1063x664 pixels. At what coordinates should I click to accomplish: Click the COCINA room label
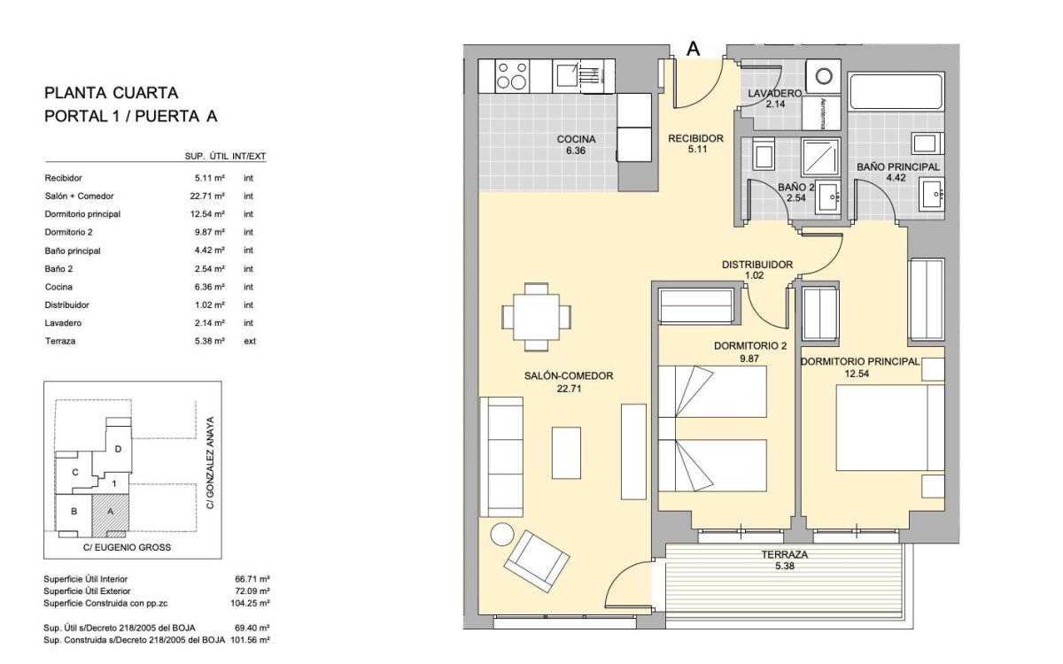pos(576,140)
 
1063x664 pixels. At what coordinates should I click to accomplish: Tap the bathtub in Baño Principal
pos(896,92)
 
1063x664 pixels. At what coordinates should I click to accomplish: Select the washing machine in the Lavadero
pos(823,76)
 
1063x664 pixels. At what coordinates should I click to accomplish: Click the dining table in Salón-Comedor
pos(536,316)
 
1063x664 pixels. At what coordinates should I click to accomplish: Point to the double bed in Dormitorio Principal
pos(889,428)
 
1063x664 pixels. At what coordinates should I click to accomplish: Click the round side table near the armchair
pos(502,535)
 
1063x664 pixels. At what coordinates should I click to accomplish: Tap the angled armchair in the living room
pos(536,561)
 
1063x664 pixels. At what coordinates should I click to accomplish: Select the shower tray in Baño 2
pos(820,157)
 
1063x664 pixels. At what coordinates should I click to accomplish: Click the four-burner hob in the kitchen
pos(512,76)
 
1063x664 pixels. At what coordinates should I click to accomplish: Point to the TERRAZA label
pos(785,554)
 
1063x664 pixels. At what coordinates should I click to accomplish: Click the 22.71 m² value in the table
pos(207,196)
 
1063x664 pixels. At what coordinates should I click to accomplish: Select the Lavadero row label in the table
pos(63,323)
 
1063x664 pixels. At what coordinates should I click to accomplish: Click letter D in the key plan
pos(118,449)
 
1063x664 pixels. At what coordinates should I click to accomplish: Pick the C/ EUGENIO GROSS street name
pos(127,547)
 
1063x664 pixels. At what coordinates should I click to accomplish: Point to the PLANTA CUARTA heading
pos(111,93)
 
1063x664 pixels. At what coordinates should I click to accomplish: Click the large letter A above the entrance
pos(694,49)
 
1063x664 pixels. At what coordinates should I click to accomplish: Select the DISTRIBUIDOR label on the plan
pos(757,265)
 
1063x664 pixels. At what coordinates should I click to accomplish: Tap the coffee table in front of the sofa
pos(566,452)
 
